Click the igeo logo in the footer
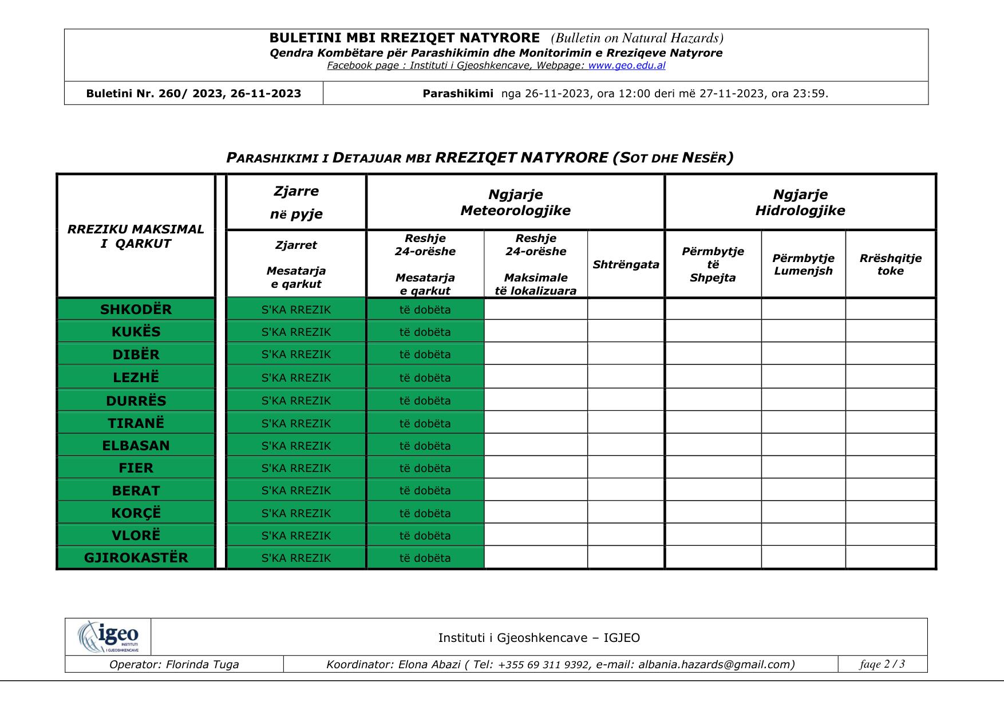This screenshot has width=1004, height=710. tap(108, 637)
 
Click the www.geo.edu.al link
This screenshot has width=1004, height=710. tap(626, 65)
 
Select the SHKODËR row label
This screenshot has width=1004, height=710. tap(136, 310)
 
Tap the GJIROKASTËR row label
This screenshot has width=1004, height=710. tap(136, 558)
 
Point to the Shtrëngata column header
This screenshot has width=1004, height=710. tap(626, 264)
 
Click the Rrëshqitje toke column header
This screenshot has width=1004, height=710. tap(890, 264)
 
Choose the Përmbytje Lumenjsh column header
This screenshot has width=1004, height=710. tap(803, 264)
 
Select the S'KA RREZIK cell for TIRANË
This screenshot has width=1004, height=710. tap(296, 423)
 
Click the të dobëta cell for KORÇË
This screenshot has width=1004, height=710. tap(425, 513)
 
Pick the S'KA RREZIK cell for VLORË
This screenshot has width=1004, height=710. tap(296, 536)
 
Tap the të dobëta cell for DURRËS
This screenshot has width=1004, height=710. tap(425, 400)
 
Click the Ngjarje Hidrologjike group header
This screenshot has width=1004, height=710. tap(800, 203)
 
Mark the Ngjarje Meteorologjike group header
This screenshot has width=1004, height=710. tap(515, 203)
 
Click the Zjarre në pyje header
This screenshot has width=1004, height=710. tap(296, 203)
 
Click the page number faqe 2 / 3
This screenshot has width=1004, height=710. tap(882, 664)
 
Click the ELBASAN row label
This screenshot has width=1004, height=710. tap(136, 446)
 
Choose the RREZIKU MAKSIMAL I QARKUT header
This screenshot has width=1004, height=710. tap(136, 236)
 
